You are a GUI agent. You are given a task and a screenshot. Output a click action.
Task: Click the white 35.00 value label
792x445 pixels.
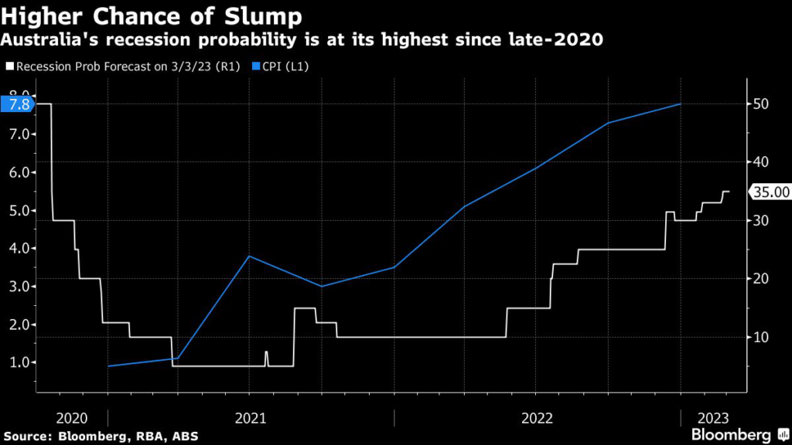tap(771, 192)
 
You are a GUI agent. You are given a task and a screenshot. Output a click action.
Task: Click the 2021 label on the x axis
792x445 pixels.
tap(250, 418)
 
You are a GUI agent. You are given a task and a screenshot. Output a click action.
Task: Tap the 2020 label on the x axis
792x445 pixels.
tap(71, 418)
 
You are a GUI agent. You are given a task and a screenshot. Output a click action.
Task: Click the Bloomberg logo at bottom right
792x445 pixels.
tap(735, 434)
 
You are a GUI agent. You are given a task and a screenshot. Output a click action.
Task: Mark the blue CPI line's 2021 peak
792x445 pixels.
tap(248, 256)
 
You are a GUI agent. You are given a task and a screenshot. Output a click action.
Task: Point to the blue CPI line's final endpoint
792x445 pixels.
tap(680, 104)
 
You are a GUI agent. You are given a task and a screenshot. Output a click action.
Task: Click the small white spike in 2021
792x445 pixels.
tap(266, 353)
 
